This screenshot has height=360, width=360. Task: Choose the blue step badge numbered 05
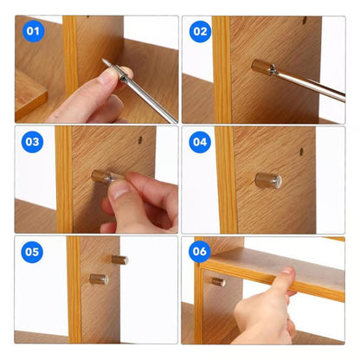tap(33, 253)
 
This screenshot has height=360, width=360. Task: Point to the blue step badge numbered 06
tap(200, 253)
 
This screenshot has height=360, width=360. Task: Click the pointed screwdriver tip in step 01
tap(105, 61)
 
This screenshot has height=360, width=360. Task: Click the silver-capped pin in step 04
tap(267, 180)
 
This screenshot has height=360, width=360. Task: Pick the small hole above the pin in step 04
tap(300, 153)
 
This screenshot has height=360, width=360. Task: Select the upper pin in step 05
tap(119, 259)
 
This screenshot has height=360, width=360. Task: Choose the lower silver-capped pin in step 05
tap(100, 279)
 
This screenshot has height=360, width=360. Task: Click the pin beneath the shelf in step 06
tap(218, 281)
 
